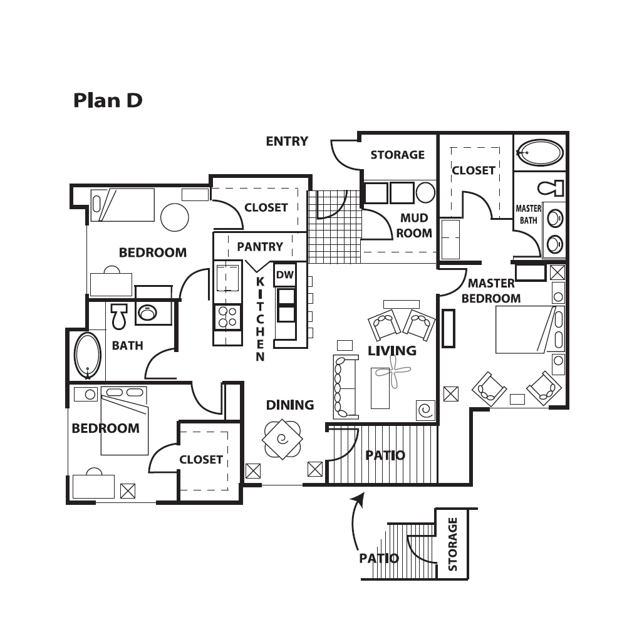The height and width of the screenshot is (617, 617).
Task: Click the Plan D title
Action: pyautogui.click(x=108, y=101)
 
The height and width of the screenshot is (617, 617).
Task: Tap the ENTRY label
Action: pyautogui.click(x=287, y=142)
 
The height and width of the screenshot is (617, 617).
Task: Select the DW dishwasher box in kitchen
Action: pyautogui.click(x=285, y=274)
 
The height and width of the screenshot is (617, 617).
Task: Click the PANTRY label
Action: pyautogui.click(x=260, y=247)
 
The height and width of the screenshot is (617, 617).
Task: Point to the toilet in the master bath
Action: pyautogui.click(x=551, y=188)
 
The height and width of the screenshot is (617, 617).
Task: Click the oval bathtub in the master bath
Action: pyautogui.click(x=540, y=153)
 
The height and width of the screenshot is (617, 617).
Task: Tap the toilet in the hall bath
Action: pyautogui.click(x=119, y=316)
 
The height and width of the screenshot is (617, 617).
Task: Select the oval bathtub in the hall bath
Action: pyautogui.click(x=88, y=356)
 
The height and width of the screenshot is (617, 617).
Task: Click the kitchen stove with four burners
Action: pyautogui.click(x=227, y=317)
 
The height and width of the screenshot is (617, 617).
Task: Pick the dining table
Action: pyautogui.click(x=283, y=439)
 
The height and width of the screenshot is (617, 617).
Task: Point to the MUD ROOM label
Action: pyautogui.click(x=414, y=226)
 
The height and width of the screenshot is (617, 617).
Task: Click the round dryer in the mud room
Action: pyautogui.click(x=425, y=193)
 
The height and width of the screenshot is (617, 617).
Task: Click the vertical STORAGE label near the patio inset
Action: pyautogui.click(x=453, y=544)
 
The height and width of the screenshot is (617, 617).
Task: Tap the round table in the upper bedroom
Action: pyautogui.click(x=175, y=217)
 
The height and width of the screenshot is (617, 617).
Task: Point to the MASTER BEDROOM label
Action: pyautogui.click(x=491, y=291)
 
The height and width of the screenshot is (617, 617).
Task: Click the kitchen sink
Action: pyautogui.click(x=227, y=278)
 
